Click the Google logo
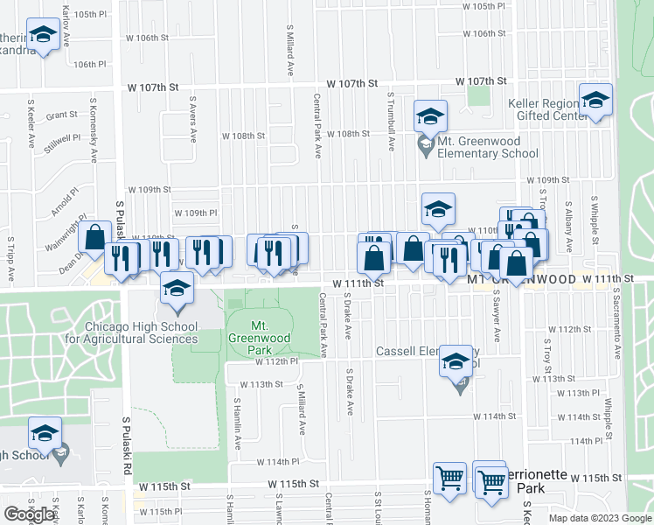tap(29, 514)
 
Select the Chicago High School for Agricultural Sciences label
tap(141, 332)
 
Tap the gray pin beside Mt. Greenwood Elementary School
tap(426, 145)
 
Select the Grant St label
tap(62, 115)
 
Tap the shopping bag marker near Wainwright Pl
tap(94, 237)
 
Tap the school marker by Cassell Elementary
tap(456, 361)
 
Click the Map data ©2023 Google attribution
tap(599, 518)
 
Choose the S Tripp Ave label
tap(11, 260)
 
